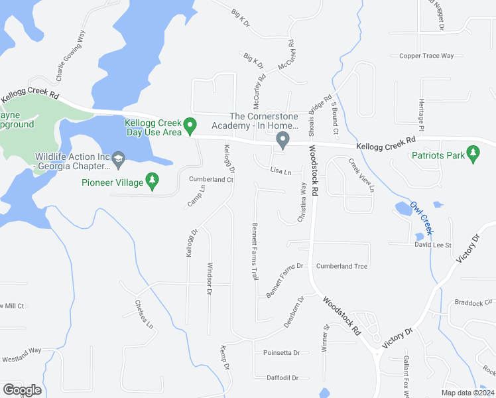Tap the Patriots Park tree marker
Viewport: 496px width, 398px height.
[473, 153]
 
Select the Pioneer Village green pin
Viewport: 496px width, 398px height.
[153, 180]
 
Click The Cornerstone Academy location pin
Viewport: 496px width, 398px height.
[282, 141]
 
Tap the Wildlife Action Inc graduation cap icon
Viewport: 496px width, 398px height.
[118, 157]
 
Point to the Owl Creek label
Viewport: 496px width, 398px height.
[422, 218]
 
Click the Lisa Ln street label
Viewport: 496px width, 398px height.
[280, 171]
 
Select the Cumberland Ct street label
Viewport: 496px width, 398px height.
[212, 179]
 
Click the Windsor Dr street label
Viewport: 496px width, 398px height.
[209, 279]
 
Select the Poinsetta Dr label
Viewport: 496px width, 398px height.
[281, 352]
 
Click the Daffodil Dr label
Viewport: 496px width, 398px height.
[282, 377]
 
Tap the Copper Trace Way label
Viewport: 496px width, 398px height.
[426, 56]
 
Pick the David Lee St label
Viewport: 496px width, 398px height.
[432, 245]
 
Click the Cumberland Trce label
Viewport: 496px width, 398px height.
[341, 266]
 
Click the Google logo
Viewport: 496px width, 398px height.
[22, 390]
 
